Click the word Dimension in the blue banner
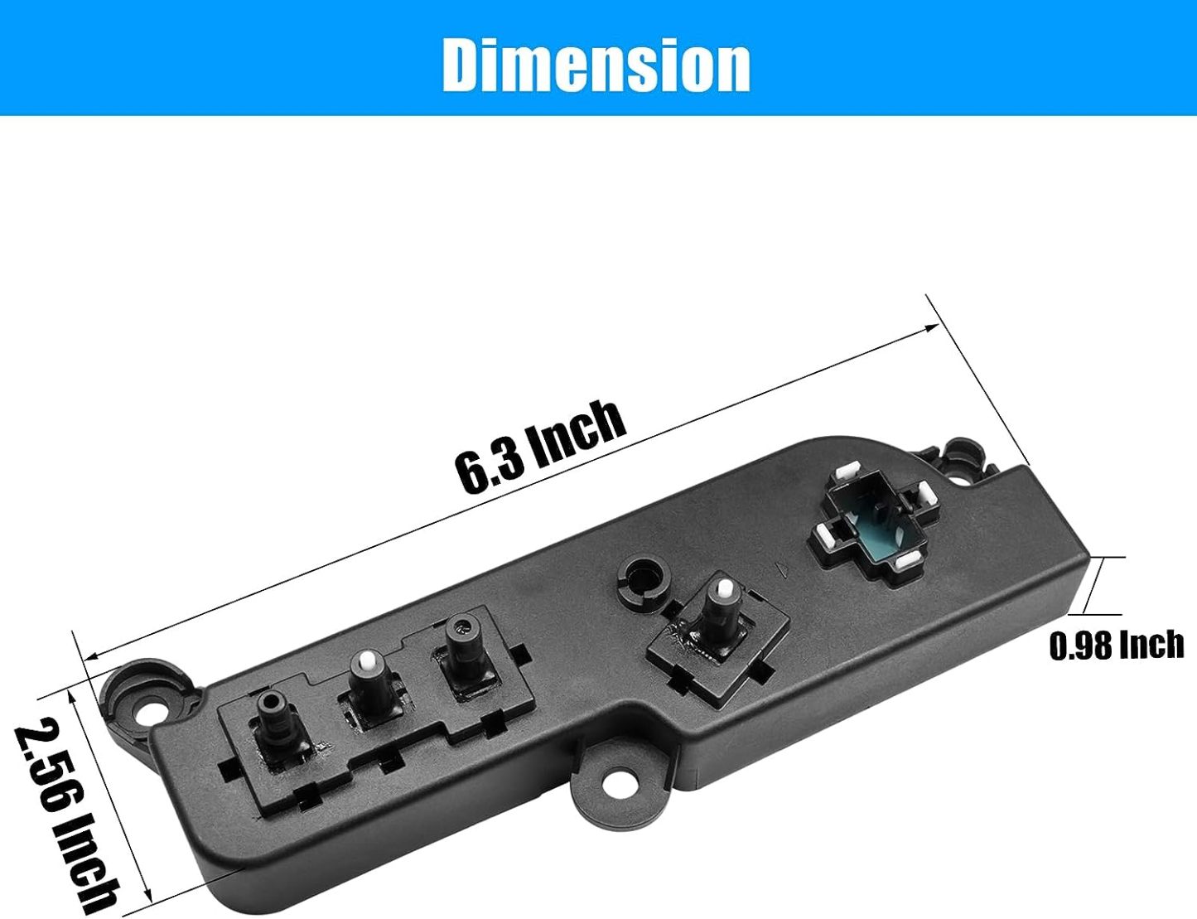tap(596, 65)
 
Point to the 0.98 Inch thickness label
tap(1116, 644)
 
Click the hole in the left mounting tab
tap(153, 712)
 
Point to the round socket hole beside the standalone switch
tap(641, 575)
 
